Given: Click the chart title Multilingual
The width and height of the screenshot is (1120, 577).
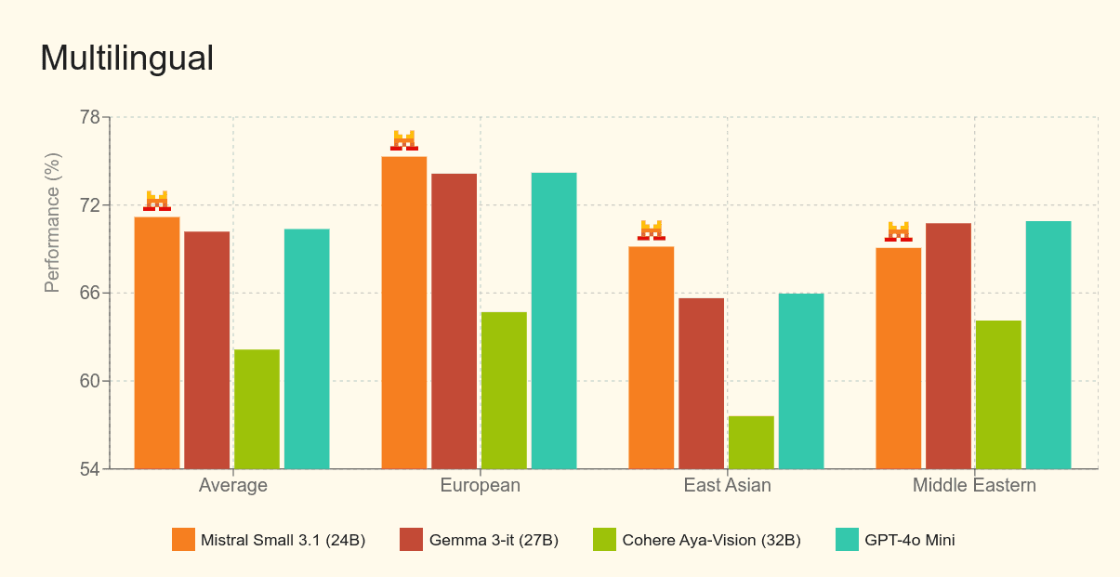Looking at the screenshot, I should [x=126, y=59].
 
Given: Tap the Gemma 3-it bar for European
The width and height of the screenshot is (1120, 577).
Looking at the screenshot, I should [x=454, y=321].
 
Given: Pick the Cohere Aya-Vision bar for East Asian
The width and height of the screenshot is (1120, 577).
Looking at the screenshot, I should [x=751, y=442].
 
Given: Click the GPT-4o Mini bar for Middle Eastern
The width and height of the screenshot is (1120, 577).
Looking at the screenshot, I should [x=1048, y=345].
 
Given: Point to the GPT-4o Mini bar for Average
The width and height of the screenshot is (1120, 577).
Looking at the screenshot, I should [x=307, y=348].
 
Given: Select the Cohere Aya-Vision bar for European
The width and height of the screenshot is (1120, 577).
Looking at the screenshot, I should [x=504, y=390].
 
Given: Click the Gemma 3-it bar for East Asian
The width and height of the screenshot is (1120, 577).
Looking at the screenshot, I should [x=701, y=383].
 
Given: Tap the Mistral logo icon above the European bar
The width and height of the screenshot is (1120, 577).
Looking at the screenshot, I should [x=404, y=140].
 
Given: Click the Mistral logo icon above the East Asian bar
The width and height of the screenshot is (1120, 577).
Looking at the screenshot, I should [x=652, y=230].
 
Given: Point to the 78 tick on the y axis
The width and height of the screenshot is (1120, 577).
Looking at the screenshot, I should [x=90, y=118].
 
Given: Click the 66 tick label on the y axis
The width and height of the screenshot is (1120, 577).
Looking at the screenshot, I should [x=90, y=294].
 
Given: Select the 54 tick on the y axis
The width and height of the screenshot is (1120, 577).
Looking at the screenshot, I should [x=90, y=469].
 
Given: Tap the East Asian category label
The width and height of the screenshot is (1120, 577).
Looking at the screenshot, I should [x=727, y=486].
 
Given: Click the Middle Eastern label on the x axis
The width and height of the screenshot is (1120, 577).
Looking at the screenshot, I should [x=974, y=486].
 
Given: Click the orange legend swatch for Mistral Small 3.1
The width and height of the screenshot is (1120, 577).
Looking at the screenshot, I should [x=183, y=540].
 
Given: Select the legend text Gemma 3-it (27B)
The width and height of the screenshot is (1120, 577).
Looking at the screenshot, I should [x=494, y=540].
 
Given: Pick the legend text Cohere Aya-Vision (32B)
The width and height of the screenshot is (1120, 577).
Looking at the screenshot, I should [x=711, y=540].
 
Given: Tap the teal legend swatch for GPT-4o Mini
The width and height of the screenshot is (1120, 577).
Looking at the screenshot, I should [x=847, y=540].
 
